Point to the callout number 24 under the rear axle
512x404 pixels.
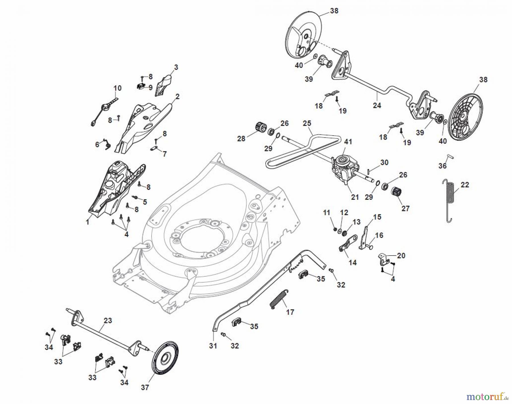[377, 105]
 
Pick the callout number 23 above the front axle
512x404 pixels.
[108, 320]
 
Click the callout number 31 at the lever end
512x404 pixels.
[213, 346]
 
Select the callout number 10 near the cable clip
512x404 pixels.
[117, 88]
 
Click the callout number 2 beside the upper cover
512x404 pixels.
[177, 97]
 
